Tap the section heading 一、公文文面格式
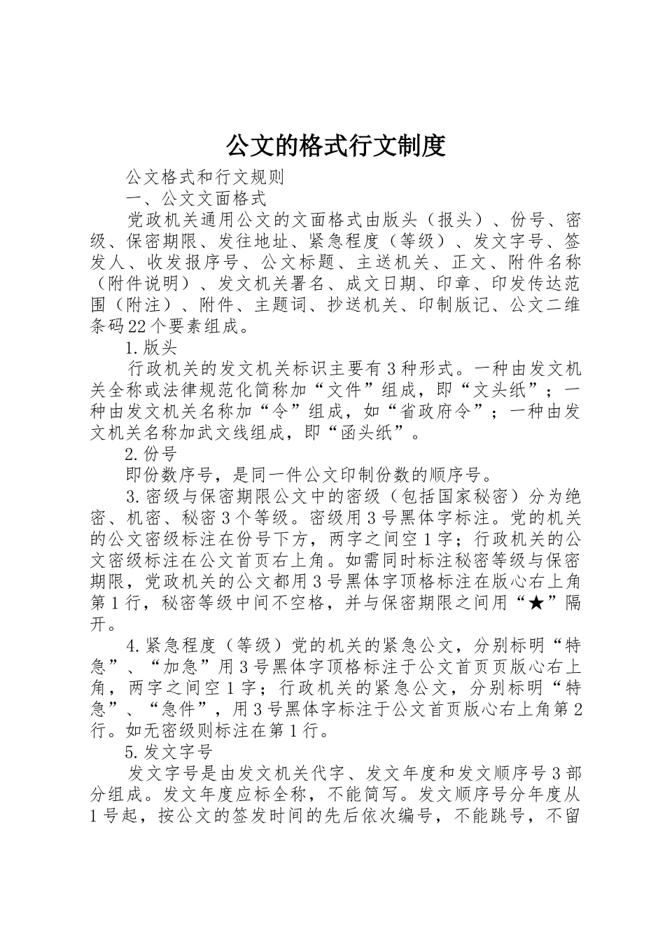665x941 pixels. pos(195,199)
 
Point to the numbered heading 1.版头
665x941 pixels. pos(150,347)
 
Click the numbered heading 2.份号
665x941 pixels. pos(150,455)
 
